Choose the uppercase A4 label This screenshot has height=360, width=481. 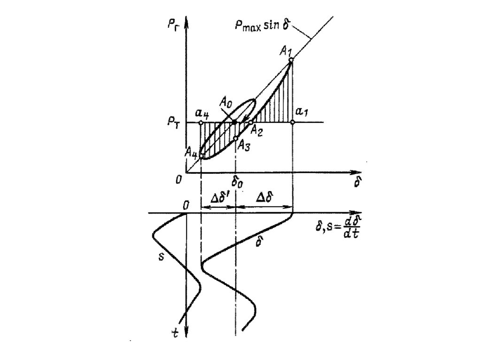click(x=191, y=151)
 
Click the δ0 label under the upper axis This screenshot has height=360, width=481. click(x=237, y=181)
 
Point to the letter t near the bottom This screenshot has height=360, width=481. click(x=175, y=333)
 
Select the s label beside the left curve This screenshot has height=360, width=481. click(x=161, y=257)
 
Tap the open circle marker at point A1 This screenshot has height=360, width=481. click(x=291, y=60)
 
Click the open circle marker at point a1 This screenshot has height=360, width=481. click(x=292, y=122)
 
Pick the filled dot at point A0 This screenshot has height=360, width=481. click(x=235, y=122)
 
